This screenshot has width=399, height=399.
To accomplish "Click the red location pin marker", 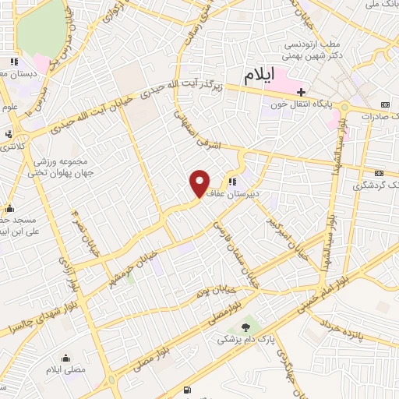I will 199,184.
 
